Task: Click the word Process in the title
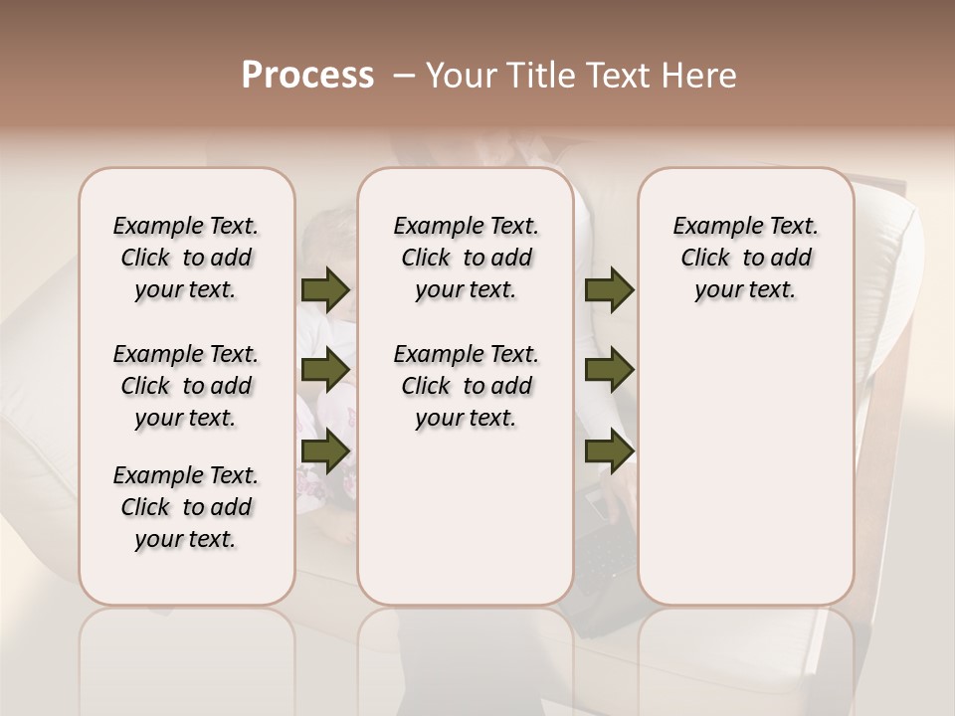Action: click(x=307, y=75)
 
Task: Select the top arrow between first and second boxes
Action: click(x=325, y=290)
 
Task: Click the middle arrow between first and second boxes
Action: click(x=325, y=370)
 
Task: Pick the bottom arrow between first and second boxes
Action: click(x=325, y=449)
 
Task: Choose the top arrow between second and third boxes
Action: click(x=609, y=290)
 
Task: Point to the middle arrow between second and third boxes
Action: click(x=609, y=370)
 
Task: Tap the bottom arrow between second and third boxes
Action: click(x=609, y=449)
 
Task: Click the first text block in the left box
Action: click(x=186, y=258)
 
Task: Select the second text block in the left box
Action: click(x=186, y=386)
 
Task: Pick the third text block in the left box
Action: click(x=186, y=507)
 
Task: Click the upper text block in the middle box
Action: click(x=466, y=258)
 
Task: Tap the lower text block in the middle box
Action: click(x=466, y=386)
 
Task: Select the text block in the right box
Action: click(x=746, y=258)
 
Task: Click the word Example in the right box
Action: click(x=710, y=227)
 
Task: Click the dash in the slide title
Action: click(x=404, y=75)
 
